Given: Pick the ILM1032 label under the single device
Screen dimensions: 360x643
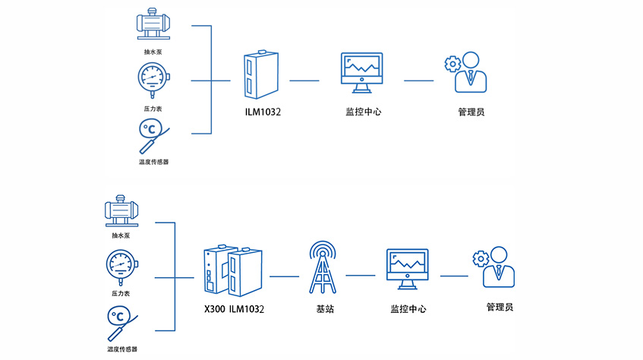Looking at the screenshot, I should [263, 112].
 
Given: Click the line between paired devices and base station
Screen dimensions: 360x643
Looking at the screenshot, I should [284, 275].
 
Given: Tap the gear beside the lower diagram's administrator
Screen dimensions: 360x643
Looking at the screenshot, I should [479, 259].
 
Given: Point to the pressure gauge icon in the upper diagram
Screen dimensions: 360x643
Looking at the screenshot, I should [153, 78].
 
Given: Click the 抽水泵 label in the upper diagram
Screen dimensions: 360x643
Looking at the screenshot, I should [153, 52].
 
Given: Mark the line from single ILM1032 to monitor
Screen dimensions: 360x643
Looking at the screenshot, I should [304, 79].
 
